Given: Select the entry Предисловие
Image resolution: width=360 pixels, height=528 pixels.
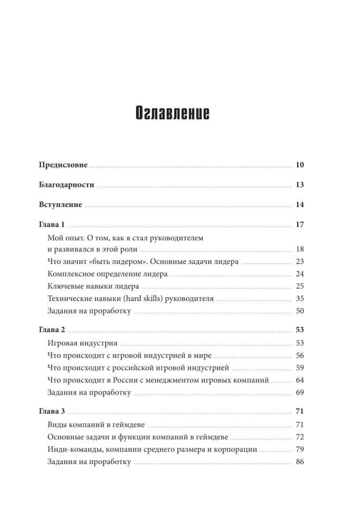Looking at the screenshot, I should [63, 165].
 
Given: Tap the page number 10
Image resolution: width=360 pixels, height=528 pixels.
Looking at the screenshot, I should [300, 165].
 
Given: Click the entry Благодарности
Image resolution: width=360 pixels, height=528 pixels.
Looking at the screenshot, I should [67, 185].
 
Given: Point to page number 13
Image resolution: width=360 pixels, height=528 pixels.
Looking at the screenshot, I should [300, 185].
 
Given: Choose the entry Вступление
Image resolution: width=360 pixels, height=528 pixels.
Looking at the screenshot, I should [61, 205].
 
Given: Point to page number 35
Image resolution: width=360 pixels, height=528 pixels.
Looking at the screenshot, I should [300, 298].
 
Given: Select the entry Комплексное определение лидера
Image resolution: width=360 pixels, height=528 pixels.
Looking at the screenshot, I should [107, 274].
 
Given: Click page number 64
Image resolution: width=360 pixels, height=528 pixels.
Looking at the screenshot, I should [300, 380].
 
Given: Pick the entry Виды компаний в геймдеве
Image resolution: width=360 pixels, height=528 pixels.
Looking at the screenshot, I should [96, 424].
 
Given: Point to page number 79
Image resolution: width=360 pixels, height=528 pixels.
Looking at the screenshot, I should [300, 449].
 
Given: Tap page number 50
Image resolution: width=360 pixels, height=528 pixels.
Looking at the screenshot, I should [300, 311].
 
